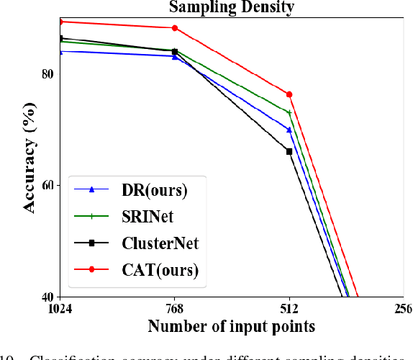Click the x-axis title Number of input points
[x=231, y=326]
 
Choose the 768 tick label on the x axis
[x=175, y=309]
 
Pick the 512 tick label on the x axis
[x=289, y=309]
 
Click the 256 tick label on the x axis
[x=403, y=309]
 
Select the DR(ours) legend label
[x=152, y=190]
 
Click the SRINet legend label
[x=146, y=217]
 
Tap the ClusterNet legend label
[x=159, y=243]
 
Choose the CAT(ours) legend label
[x=155, y=269]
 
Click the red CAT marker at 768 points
[x=175, y=28]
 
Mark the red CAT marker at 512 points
[x=289, y=94]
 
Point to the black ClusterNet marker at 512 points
[x=289, y=151]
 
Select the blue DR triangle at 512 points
[x=289, y=130]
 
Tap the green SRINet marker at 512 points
[x=289, y=112]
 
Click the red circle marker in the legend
[x=92, y=269]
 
